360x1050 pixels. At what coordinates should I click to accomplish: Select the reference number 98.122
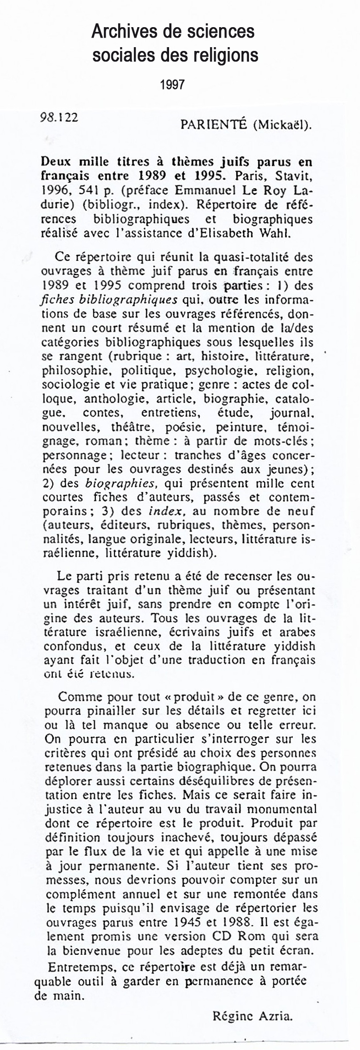(x=60, y=118)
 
